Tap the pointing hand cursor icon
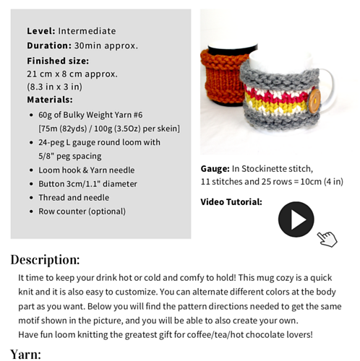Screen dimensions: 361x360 click(327, 238)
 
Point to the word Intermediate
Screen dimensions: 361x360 click(87, 31)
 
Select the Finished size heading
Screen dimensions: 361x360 click(58, 61)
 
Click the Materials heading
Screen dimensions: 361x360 click(50, 100)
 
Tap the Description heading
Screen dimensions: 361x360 click(45, 260)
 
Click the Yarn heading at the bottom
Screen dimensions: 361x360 click(25, 354)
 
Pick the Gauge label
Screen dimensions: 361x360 click(215, 168)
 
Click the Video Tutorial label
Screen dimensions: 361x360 click(231, 202)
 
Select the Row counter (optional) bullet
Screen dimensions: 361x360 click(82, 212)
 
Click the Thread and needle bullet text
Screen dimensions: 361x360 click(74, 197)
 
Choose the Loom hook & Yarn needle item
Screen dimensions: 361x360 click(86, 170)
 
